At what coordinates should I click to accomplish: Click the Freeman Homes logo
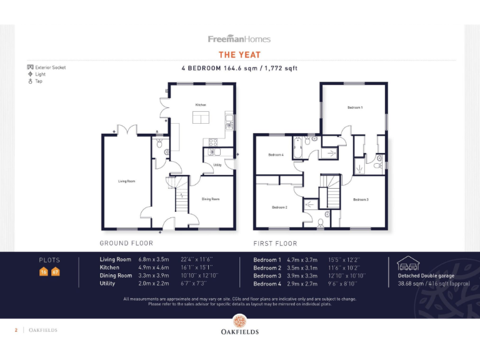point(239,39)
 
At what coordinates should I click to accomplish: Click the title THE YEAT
point(239,55)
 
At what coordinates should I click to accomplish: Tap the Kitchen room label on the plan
point(201,104)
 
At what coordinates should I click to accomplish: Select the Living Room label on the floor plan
point(127,181)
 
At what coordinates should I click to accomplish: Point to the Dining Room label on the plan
point(211,199)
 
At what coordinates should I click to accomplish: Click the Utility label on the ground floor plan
point(217,165)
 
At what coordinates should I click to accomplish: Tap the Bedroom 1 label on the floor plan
point(355,107)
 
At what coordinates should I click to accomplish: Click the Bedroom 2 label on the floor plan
point(279,207)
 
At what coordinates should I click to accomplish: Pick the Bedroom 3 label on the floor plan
point(361,199)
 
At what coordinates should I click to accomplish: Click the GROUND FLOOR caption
point(126,243)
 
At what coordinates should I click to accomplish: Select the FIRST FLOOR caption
point(275,243)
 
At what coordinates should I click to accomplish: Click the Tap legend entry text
point(39,81)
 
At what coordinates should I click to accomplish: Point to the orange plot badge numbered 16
point(44,272)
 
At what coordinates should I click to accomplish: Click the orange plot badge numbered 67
point(55,272)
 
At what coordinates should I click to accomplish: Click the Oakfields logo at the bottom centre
point(239,325)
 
